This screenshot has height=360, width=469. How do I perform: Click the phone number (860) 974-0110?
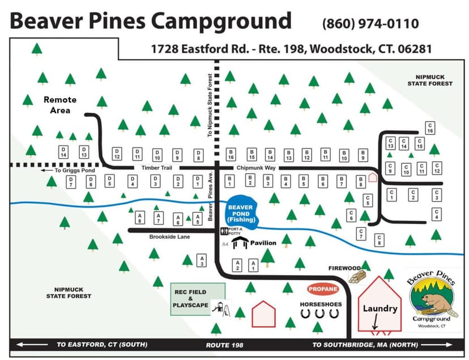[x=370, y=24]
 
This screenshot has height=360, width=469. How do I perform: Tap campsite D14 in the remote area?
[x=63, y=152]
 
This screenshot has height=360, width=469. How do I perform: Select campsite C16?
[x=430, y=128]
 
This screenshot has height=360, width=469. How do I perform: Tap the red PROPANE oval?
[x=323, y=289]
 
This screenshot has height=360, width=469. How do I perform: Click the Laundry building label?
[x=380, y=308]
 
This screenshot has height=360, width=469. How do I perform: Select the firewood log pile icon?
[x=357, y=276]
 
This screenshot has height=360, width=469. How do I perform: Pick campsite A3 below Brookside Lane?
[x=201, y=260]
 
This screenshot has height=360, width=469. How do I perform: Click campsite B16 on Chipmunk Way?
[x=231, y=154]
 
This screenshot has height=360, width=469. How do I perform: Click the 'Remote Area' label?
[x=60, y=105]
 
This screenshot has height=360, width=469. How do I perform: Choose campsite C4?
[x=436, y=214]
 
